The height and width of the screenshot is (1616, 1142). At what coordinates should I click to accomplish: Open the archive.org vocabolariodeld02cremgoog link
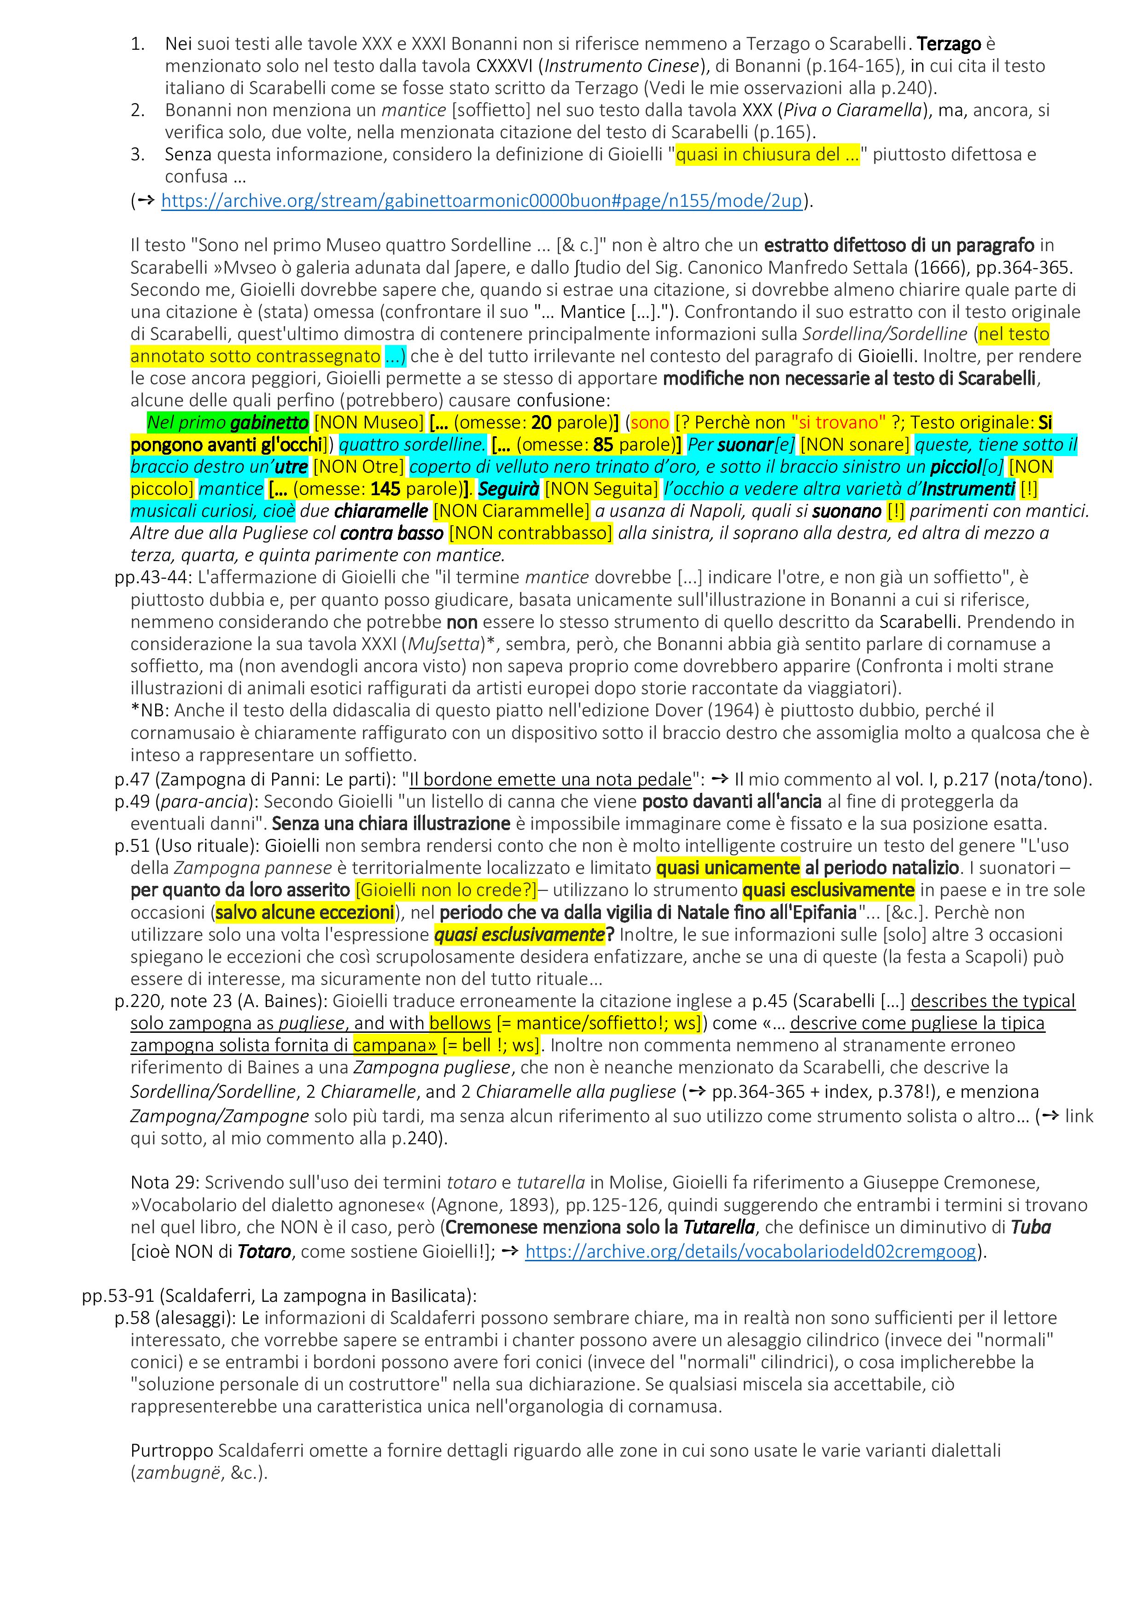pos(750,1251)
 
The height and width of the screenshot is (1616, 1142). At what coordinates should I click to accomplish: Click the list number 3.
pos(138,154)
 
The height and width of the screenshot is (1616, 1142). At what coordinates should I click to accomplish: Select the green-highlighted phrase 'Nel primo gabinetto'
pos(227,422)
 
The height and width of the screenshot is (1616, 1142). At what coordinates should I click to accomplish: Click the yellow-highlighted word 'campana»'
pos(395,1045)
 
